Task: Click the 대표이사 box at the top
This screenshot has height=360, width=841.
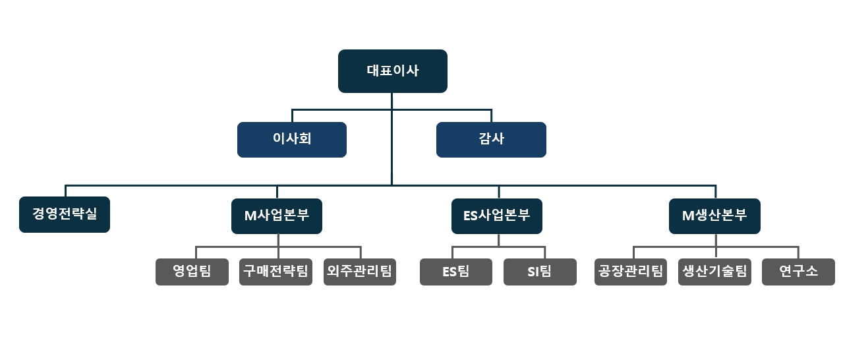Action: click(392, 71)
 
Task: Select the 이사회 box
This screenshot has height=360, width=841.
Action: click(291, 140)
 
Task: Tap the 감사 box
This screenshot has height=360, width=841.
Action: click(491, 140)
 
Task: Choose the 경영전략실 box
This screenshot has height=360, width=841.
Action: click(65, 214)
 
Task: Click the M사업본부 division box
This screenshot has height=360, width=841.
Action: click(277, 216)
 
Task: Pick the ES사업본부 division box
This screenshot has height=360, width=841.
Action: click(497, 216)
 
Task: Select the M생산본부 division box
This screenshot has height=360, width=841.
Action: click(714, 216)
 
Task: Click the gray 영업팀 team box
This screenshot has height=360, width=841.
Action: click(192, 272)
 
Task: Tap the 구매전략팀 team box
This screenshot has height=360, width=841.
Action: click(275, 272)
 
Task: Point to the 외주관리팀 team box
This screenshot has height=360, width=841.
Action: click(359, 272)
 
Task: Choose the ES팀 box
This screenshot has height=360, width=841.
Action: click(456, 272)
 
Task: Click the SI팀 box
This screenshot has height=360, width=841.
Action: click(540, 272)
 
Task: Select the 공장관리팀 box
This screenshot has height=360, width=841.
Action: click(631, 272)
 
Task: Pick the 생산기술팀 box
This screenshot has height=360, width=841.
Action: click(714, 272)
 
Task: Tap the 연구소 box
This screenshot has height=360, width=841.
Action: click(798, 272)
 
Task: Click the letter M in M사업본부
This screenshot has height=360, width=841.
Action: click(250, 216)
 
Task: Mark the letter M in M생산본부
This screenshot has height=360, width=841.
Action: click(687, 216)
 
